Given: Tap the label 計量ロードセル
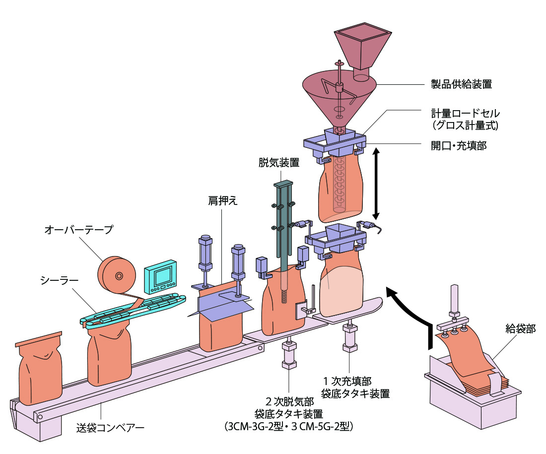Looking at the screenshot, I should (465, 114).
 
